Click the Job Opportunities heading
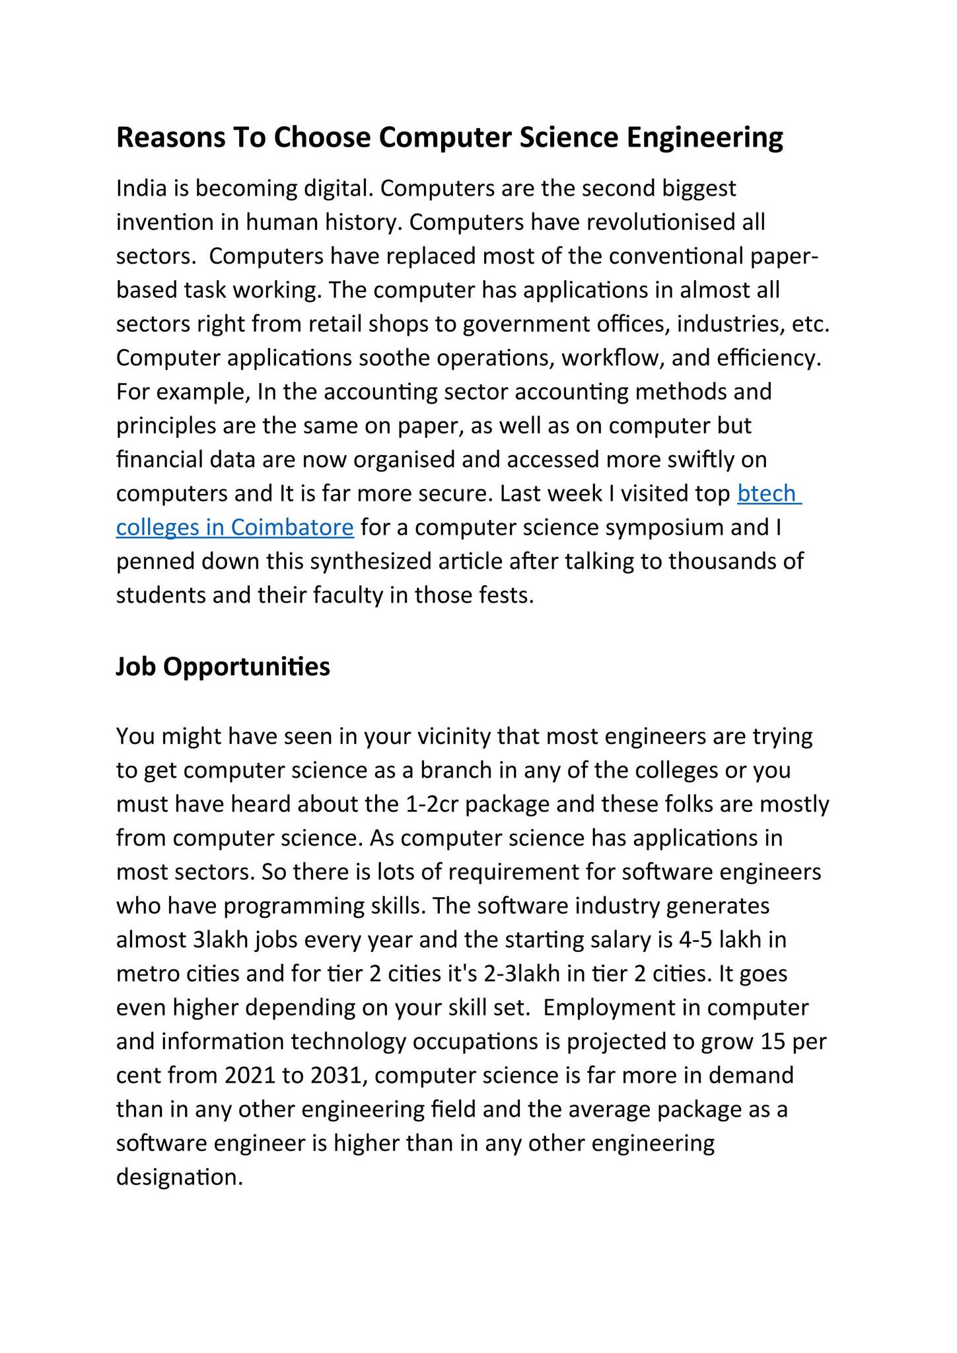(223, 667)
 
